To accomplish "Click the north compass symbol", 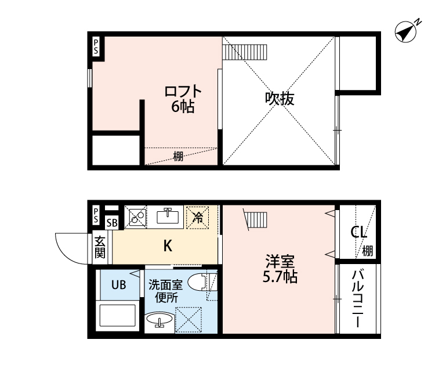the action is coord(405,32).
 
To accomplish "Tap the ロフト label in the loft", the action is coord(183,91).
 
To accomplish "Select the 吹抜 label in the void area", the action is coord(280,98).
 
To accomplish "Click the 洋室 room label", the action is coord(280,261).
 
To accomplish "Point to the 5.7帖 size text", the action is coord(280,276).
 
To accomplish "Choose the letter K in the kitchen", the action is coord(168,245).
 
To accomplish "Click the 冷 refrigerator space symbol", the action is coord(198,218).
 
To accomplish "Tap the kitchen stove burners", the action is coord(137,217).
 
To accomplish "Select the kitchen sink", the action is coord(168,216).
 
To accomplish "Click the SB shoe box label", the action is coord(112,223).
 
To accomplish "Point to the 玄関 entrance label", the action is coord(100,247).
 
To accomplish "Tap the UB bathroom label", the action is coord(119,285).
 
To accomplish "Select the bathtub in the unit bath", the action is coord(118,315).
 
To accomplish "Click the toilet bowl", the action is coord(198,283).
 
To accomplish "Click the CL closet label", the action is coord(358,232).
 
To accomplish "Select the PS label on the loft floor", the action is coord(96,46).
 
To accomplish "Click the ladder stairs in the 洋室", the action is coord(255,220).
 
